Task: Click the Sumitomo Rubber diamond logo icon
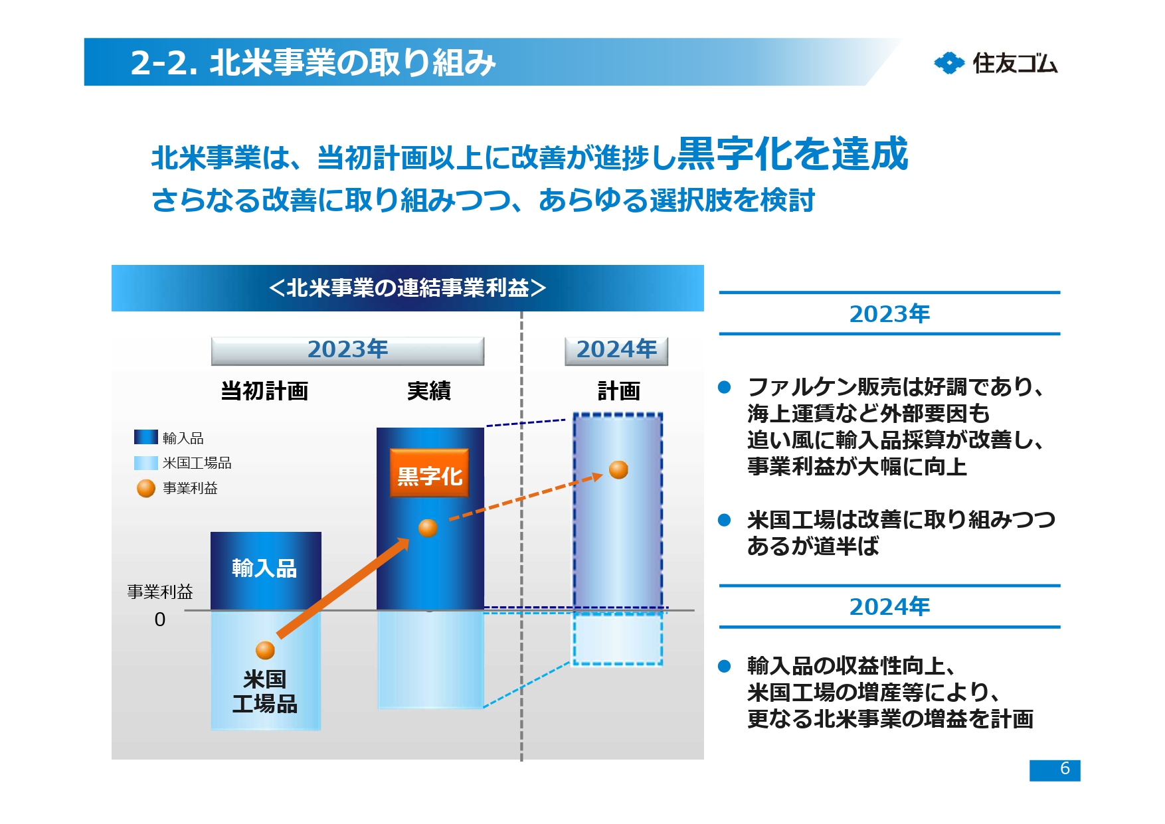pyautogui.click(x=948, y=63)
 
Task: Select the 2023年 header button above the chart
pyautogui.click(x=347, y=350)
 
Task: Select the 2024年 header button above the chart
pyautogui.click(x=616, y=350)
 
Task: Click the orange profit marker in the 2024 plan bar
pyautogui.click(x=618, y=469)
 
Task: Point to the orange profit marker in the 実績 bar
pyautogui.click(x=428, y=528)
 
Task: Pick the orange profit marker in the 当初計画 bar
pyautogui.click(x=265, y=650)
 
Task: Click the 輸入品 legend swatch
pyautogui.click(x=145, y=437)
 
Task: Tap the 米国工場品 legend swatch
pyautogui.click(x=145, y=462)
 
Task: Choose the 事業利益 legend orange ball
pyautogui.click(x=145, y=488)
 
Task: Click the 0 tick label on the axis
pyautogui.click(x=159, y=619)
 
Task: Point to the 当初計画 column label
pyautogui.click(x=264, y=390)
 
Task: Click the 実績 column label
pyautogui.click(x=428, y=390)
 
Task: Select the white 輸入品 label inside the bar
pyautogui.click(x=264, y=568)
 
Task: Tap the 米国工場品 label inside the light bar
pyautogui.click(x=264, y=691)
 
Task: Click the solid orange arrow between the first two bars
pyautogui.click(x=342, y=588)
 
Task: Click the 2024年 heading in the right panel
pyautogui.click(x=889, y=606)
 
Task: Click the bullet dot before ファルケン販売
pyautogui.click(x=725, y=387)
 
